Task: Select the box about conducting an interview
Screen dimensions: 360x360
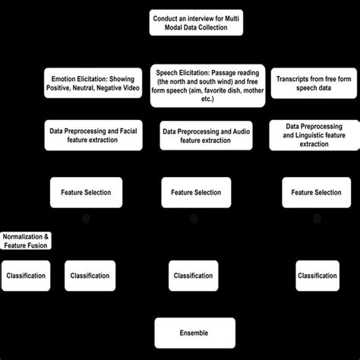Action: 196,22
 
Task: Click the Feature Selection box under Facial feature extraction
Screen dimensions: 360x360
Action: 85,192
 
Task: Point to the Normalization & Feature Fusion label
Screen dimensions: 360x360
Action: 25,241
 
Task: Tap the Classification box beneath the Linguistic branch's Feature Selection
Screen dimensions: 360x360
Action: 317,276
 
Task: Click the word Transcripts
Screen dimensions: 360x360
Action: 292,79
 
